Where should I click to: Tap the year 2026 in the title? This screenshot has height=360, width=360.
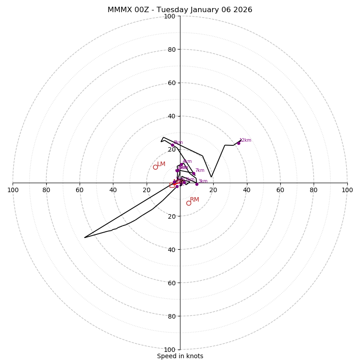[243, 10]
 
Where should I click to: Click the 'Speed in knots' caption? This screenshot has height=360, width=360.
[180, 356]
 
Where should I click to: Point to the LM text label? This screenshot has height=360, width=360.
[161, 164]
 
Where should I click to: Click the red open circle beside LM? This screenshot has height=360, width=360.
[155, 167]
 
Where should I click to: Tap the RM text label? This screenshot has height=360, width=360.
[194, 200]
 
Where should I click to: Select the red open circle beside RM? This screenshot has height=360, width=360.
[189, 203]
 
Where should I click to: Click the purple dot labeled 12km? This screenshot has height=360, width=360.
[238, 143]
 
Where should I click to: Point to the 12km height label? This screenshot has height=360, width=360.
[245, 140]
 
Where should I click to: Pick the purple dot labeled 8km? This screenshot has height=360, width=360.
[172, 145]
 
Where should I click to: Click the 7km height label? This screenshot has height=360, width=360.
[199, 171]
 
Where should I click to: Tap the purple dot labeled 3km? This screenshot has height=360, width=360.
[197, 184]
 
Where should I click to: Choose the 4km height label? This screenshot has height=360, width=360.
[187, 162]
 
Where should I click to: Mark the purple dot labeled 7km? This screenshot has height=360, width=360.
[193, 174]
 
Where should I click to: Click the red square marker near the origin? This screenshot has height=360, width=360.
[172, 185]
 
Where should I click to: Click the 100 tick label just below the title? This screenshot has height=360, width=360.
[170, 16]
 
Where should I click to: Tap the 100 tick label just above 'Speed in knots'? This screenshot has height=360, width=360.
[170, 350]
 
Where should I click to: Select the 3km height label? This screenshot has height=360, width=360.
[203, 181]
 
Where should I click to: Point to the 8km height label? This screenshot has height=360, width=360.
[178, 143]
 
